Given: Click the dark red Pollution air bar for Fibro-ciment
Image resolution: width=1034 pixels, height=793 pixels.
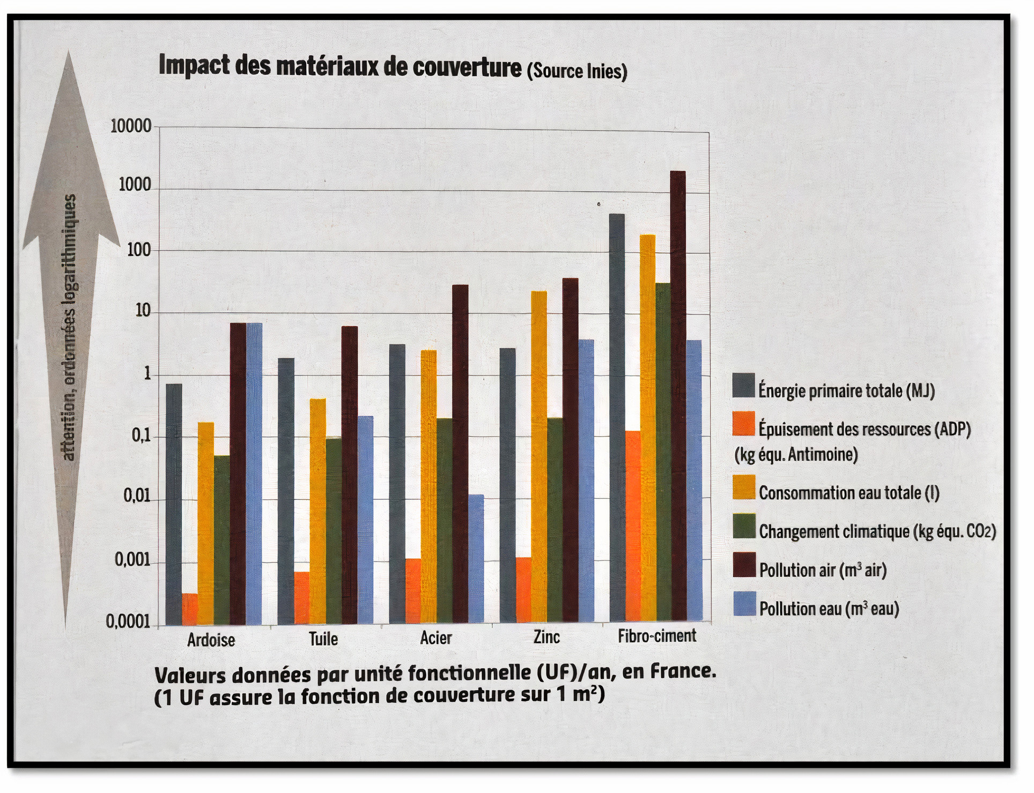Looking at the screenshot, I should (677, 396).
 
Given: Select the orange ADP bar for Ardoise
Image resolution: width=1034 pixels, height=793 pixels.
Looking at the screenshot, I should (190, 609).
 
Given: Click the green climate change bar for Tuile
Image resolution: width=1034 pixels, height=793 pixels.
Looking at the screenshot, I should (334, 530).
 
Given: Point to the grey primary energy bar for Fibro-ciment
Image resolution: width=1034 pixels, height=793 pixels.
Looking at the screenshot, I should (617, 418).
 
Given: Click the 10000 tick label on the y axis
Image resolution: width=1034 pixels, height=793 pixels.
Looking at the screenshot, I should (131, 126).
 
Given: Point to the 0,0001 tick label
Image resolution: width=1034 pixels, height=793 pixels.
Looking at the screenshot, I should (128, 622).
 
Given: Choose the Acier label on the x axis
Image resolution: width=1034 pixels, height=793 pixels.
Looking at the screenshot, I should (436, 638).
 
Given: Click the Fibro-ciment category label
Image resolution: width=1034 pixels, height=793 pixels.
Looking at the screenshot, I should (656, 636).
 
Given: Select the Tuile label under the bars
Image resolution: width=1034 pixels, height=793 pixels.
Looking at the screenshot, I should (323, 639).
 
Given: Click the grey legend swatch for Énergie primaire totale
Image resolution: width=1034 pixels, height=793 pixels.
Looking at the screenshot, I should (743, 386).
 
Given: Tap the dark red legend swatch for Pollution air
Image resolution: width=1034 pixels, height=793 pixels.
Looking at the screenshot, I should (744, 565).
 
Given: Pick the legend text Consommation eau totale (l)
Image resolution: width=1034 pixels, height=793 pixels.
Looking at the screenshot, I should (848, 492).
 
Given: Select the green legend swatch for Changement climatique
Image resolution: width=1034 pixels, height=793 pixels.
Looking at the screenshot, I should (744, 527).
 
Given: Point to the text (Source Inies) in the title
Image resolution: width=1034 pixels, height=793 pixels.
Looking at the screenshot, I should (577, 71).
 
